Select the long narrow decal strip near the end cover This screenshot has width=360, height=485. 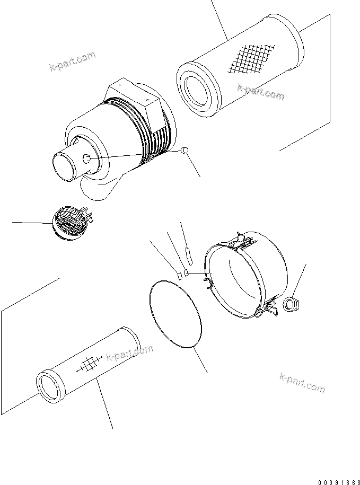tap(188, 255)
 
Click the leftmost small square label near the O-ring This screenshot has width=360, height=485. tap(180, 275)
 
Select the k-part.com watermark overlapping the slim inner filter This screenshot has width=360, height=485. tap(129, 353)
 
